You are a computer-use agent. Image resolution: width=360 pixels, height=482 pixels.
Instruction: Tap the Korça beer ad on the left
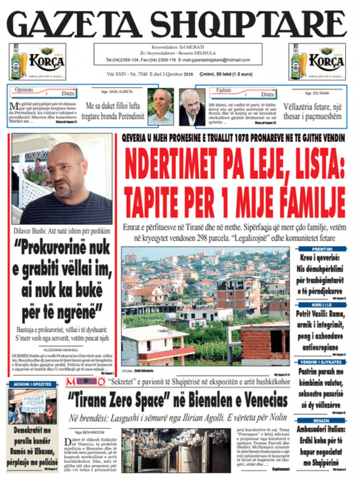click(37, 62)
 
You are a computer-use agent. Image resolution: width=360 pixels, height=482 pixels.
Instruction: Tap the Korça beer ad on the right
click(317, 62)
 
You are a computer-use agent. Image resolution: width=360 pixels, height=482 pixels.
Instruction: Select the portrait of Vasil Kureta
click(161, 106)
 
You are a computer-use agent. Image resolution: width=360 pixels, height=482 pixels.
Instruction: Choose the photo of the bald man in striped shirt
click(62, 178)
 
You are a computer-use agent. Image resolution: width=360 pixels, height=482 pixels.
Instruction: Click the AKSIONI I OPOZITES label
click(32, 384)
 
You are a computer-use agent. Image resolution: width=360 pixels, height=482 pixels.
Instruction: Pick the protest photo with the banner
click(32, 406)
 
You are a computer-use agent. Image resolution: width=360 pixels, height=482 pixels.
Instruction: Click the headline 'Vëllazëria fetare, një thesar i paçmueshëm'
click(312, 111)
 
